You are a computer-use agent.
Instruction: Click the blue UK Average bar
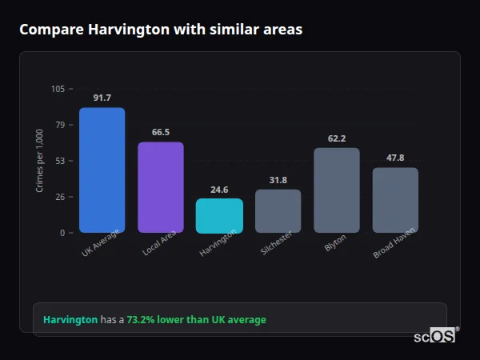102,170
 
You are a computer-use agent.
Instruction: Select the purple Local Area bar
160,187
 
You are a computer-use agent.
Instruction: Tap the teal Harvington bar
219,215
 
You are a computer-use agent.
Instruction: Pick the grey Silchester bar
278,210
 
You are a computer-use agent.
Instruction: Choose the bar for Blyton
337,190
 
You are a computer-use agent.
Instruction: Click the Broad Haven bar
395,200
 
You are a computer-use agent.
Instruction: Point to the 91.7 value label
102,98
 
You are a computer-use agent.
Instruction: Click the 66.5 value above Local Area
160,132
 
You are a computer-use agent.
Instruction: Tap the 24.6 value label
219,190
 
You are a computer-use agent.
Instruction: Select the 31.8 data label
278,180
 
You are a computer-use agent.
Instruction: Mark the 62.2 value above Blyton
337,138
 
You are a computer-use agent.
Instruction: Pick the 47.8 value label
395,158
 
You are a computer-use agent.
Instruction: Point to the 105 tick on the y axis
58,89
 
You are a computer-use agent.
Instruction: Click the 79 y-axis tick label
60,125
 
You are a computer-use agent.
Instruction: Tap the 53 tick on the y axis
60,161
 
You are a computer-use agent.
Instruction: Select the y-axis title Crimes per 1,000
40,161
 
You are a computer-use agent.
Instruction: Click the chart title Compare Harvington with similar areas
161,30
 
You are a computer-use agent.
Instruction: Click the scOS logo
434,336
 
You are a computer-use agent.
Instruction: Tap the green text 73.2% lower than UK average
196,320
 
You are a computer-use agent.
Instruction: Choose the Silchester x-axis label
277,243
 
